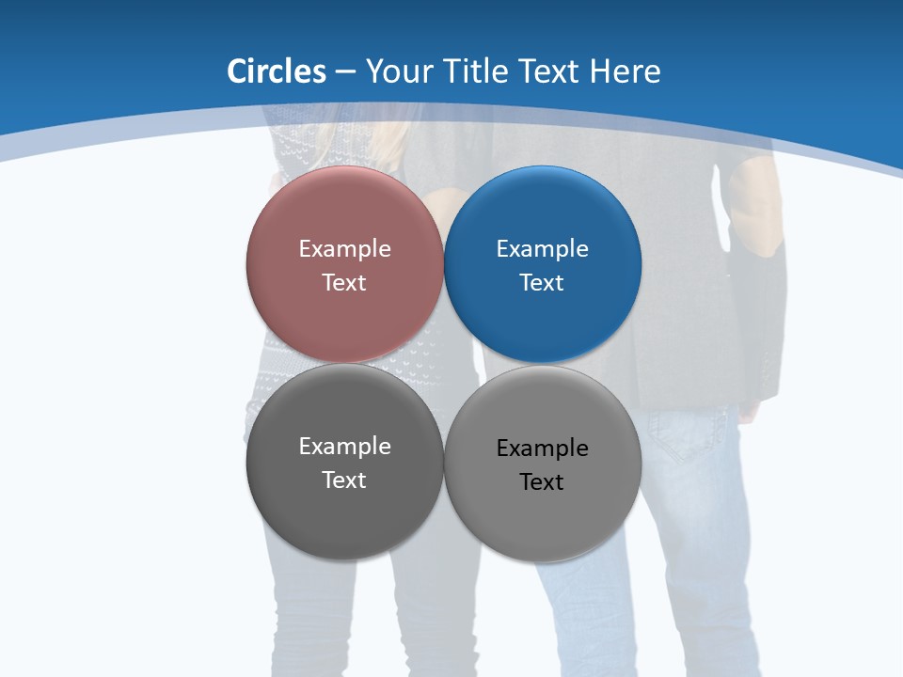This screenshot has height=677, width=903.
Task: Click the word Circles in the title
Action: (x=276, y=71)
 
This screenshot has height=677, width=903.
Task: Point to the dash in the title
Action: (x=345, y=72)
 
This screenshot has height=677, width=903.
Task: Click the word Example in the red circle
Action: (x=344, y=248)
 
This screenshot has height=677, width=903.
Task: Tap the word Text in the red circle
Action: (x=344, y=282)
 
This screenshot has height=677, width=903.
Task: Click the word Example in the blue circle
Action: (x=542, y=248)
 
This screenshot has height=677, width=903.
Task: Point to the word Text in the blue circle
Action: (x=542, y=282)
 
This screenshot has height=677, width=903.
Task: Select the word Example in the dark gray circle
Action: (x=344, y=446)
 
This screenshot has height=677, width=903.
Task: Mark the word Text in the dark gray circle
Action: (x=344, y=480)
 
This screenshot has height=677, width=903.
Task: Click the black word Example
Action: (x=542, y=449)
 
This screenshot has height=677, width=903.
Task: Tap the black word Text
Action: (x=542, y=482)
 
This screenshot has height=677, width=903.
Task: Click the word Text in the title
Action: (x=550, y=71)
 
